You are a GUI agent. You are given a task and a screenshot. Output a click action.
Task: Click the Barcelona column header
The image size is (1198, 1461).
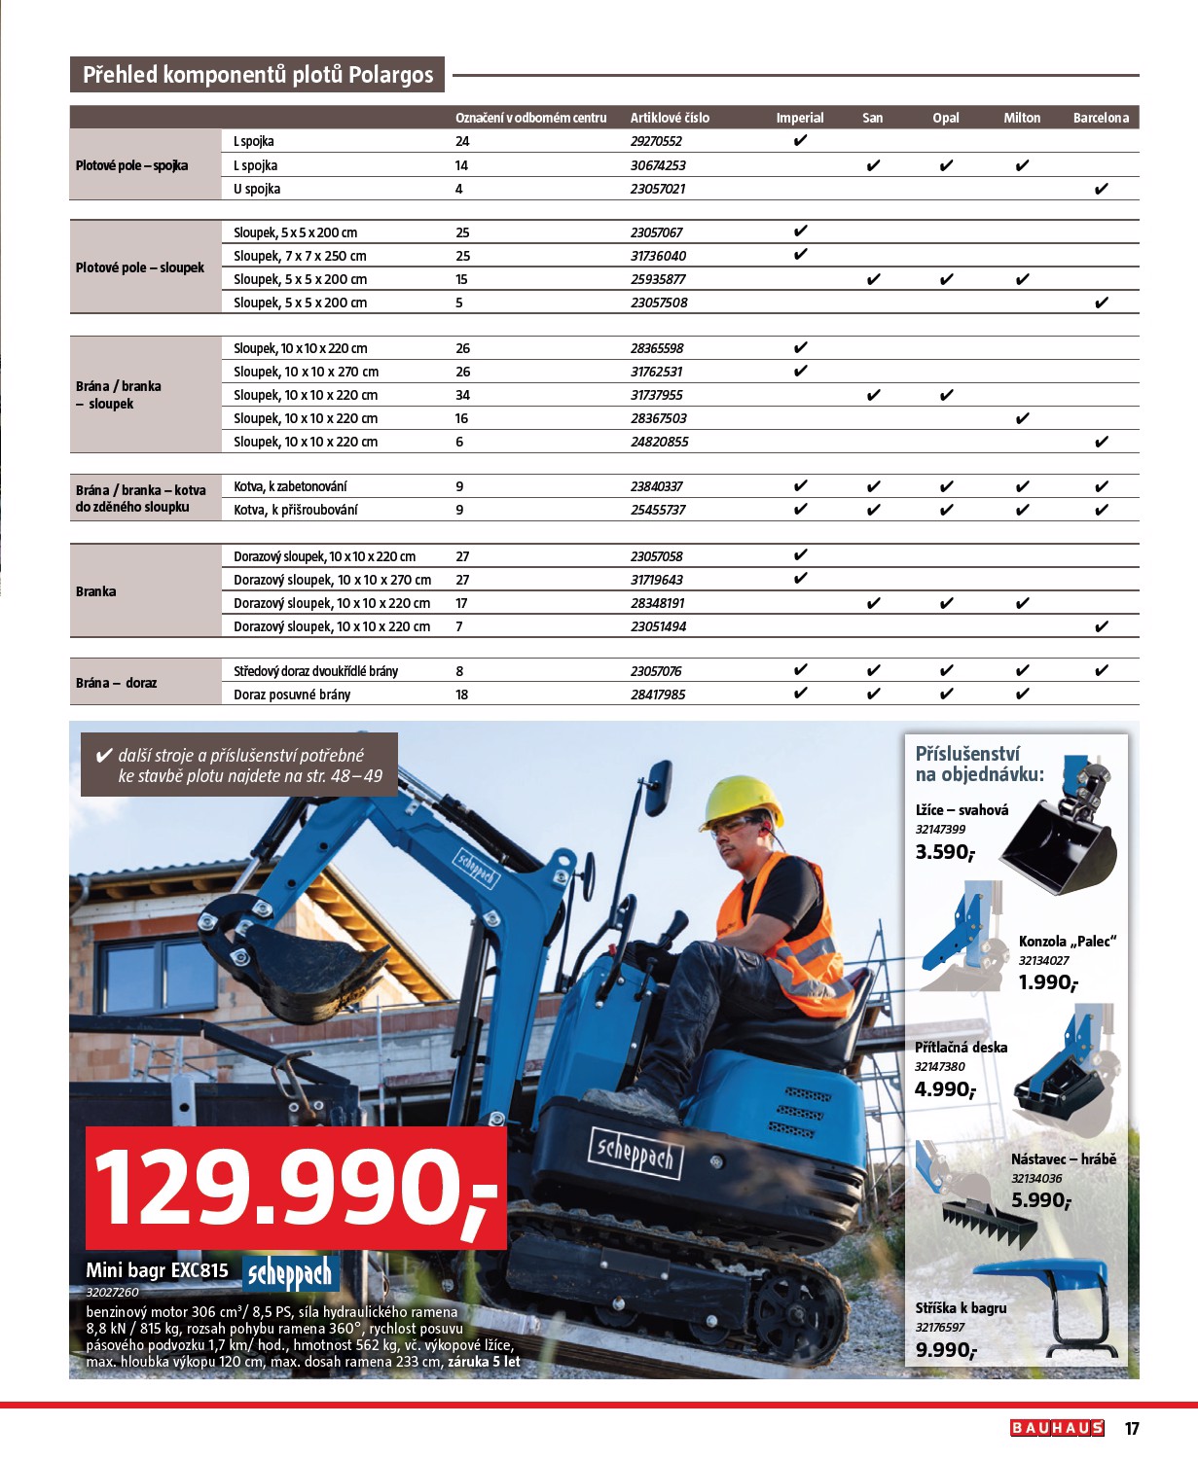(1101, 118)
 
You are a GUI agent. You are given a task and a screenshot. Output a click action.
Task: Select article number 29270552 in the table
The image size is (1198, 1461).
(656, 141)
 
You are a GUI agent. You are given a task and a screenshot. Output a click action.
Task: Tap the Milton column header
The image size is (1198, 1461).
(1022, 118)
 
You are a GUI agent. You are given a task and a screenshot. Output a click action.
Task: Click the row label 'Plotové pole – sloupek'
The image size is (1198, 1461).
(140, 267)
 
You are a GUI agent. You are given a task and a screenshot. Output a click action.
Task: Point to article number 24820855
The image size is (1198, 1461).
(659, 442)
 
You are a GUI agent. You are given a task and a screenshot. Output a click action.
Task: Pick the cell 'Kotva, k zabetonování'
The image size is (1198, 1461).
(290, 486)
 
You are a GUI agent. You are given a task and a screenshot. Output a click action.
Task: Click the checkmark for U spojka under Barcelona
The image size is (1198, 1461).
(1101, 189)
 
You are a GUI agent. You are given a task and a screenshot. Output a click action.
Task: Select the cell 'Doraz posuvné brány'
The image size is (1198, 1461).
(292, 695)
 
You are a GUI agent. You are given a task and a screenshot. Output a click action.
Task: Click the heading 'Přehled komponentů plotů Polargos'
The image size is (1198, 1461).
(258, 75)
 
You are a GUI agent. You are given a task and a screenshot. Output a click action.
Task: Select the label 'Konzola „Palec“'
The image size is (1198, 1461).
(1067, 941)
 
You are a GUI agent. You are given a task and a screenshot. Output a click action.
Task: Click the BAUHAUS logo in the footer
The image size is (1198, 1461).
(1057, 1428)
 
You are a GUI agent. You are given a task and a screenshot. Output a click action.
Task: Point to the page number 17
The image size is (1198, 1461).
(1132, 1428)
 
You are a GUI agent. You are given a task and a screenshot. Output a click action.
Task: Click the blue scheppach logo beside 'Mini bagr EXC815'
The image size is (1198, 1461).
(289, 1272)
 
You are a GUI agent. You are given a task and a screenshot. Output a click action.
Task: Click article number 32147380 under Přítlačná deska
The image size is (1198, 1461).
(940, 1066)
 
